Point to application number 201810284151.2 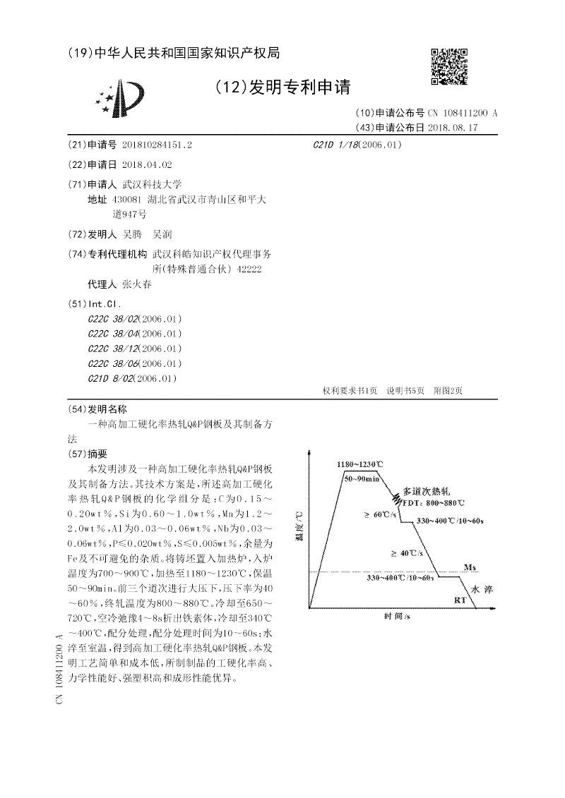coord(157,144)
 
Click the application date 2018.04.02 coord(147,164)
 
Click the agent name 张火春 coord(137,284)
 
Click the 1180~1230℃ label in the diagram coord(360,464)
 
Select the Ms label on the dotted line coord(470,567)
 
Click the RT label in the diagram coord(460,600)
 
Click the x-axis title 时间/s coord(397,616)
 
